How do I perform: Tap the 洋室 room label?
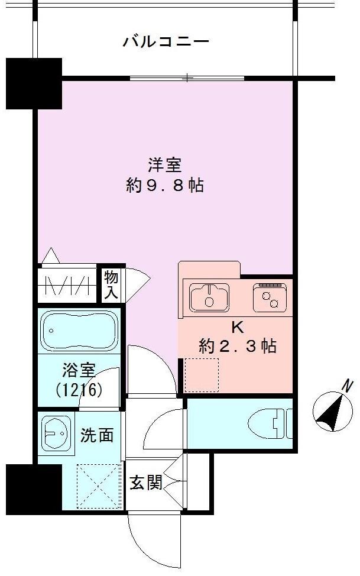[x=165, y=165]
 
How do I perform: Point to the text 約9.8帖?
[x=165, y=186]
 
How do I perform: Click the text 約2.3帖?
[x=237, y=347]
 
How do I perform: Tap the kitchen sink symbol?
[x=209, y=297]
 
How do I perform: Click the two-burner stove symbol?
[x=271, y=297]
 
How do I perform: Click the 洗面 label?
[x=97, y=436]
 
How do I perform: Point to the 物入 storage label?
[x=111, y=284]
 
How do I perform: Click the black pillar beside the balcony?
[x=34, y=82]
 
